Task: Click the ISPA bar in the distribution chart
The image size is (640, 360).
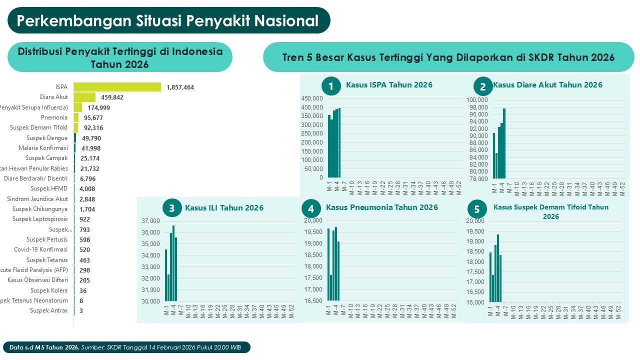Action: (x=117, y=87)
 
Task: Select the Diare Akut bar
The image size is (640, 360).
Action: (x=84, y=97)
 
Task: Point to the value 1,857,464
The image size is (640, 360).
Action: (x=180, y=87)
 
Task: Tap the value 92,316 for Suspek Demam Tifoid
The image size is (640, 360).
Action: (x=93, y=128)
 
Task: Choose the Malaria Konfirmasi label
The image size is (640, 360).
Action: (x=43, y=148)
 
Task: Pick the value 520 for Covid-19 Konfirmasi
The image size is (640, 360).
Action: (x=84, y=250)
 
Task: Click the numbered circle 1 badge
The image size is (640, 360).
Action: (x=330, y=86)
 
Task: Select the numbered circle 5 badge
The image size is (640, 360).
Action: (x=476, y=209)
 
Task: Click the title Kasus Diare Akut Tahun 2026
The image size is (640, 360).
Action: (x=547, y=85)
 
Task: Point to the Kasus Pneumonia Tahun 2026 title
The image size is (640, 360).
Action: (x=382, y=207)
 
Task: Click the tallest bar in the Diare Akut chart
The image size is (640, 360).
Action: (x=504, y=143)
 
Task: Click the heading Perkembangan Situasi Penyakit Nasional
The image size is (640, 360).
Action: (x=168, y=21)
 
